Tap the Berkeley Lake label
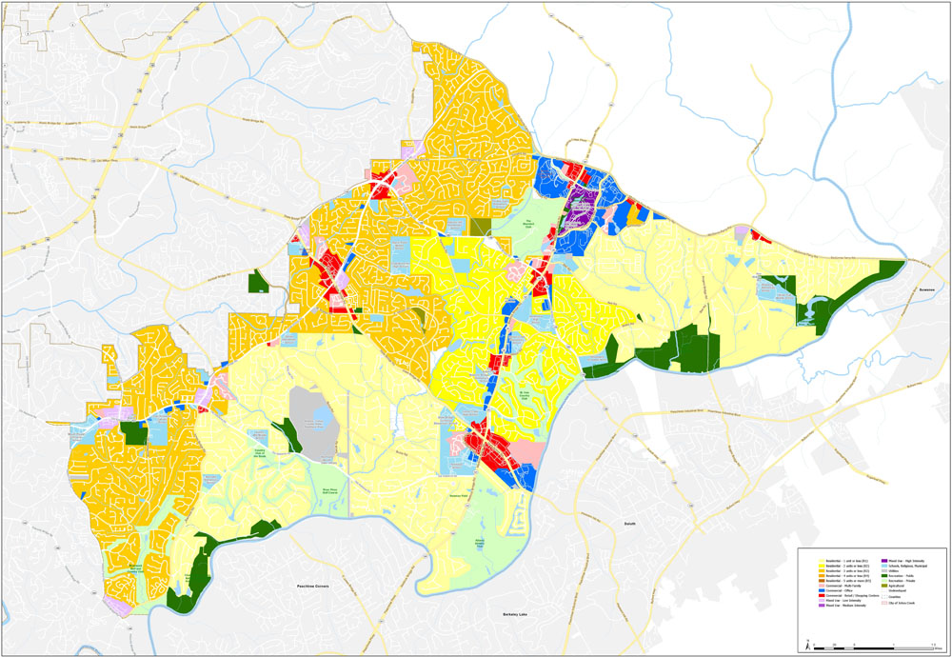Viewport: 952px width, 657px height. coord(519,617)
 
